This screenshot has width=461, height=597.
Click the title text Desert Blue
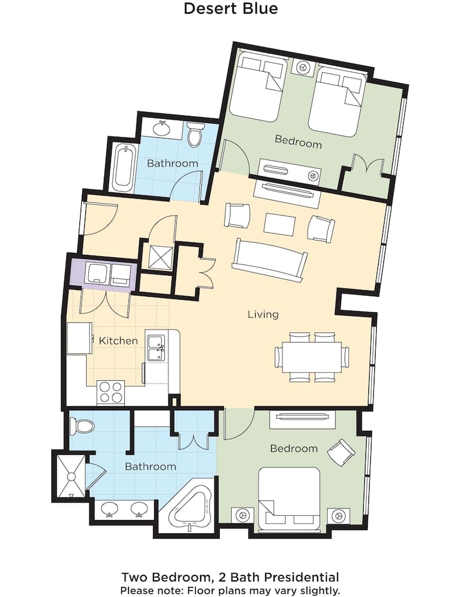230,9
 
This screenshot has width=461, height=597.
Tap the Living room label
263,314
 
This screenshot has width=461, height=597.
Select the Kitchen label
118,341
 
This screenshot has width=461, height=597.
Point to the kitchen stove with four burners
110,392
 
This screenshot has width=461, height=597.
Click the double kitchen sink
156,348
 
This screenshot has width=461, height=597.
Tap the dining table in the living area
312,357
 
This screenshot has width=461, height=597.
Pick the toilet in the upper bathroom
195,136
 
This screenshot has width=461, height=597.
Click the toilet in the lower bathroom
82,426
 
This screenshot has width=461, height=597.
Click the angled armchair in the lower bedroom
341,452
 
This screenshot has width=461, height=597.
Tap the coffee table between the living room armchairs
279,224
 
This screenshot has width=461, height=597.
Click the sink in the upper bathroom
161,127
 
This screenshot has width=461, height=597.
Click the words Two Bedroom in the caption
158,577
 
